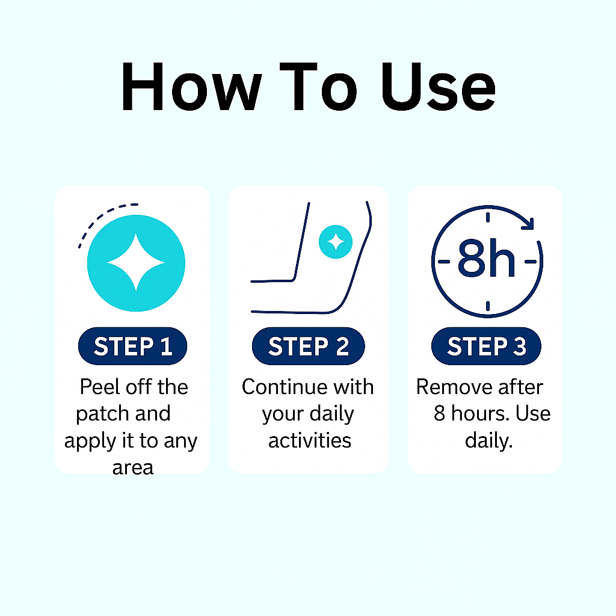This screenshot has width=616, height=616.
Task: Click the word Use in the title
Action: coord(438,87)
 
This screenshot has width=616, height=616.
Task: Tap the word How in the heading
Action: coord(191,87)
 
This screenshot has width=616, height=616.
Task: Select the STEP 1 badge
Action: coord(133,346)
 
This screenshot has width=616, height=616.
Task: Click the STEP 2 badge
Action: coord(309,346)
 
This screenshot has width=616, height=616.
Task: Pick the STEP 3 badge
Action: coord(486,346)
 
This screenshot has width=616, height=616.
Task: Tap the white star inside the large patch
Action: coord(136,262)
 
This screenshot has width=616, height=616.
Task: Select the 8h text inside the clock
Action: coord(486,259)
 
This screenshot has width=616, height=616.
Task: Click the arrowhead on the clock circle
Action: coord(528,224)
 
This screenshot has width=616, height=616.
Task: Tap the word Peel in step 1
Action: coord(100,387)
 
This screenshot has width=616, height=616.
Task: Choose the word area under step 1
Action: coord(133,468)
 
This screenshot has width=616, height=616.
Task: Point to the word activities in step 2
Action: coord(310,440)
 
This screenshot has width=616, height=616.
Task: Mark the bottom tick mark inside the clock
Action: coord(487,306)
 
